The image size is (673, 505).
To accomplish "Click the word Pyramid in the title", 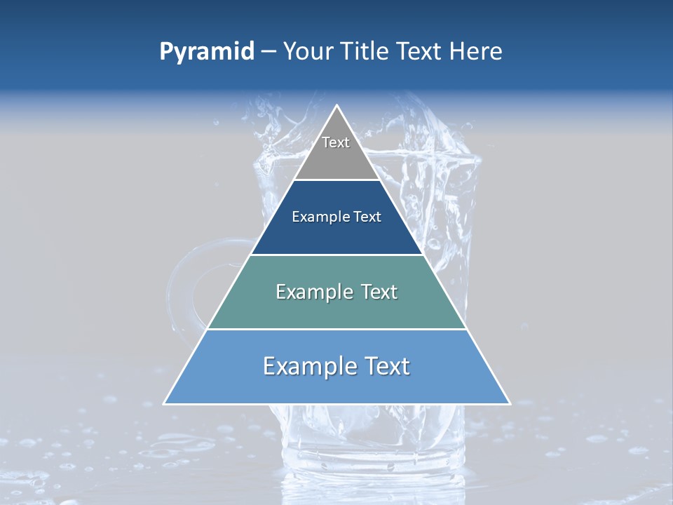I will [x=206, y=52].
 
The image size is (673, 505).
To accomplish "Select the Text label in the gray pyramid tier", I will [x=336, y=142].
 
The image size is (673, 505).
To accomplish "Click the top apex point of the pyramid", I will [x=337, y=106].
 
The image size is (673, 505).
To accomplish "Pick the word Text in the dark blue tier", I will [x=367, y=217].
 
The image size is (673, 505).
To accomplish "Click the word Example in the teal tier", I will [x=311, y=292].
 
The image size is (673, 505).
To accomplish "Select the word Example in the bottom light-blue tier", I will [x=305, y=366].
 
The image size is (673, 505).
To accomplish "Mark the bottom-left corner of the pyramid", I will [x=164, y=404].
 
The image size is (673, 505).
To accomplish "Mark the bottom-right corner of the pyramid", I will [x=510, y=404].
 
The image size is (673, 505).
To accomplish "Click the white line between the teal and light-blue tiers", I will [x=337, y=329].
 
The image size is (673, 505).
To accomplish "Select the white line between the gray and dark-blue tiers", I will [x=337, y=180].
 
